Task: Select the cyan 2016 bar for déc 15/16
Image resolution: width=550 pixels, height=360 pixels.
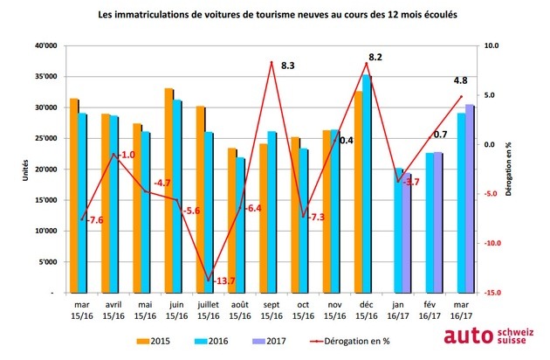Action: point(367,183)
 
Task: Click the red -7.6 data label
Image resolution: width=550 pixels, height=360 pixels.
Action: point(93,220)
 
